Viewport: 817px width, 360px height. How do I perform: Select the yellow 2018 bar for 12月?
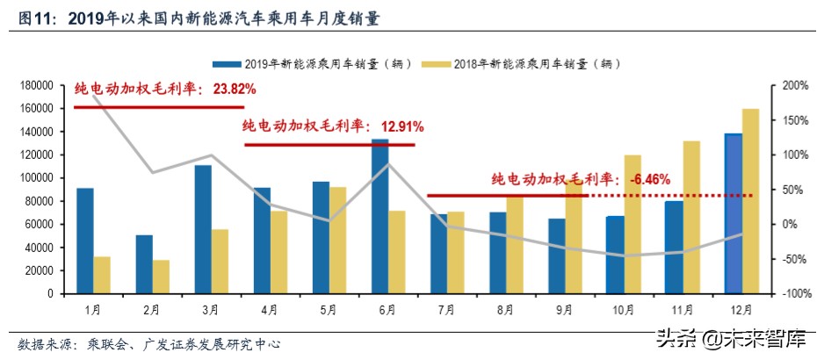coord(751,201)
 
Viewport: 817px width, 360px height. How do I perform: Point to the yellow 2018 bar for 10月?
coord(633,224)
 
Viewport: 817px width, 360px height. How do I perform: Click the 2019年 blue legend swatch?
coord(226,64)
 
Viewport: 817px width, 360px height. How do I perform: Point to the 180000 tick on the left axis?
coord(36,85)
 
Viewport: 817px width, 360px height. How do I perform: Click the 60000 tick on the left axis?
coord(39,225)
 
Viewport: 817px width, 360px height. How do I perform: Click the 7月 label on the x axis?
coord(445,309)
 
